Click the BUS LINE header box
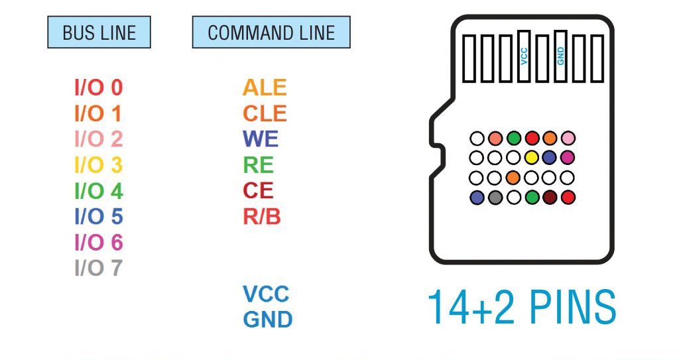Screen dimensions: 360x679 pos(99,32)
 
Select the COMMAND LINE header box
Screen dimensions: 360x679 pos(271,32)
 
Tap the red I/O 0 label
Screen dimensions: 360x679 pos(98,88)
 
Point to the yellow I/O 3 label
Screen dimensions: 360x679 pos(98,164)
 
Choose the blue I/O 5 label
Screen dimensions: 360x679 pos(98,217)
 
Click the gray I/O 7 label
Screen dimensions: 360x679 pos(98,269)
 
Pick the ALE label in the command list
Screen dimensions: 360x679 pos(265,88)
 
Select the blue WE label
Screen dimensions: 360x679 pos(261,139)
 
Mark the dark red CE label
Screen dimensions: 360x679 pos(258,191)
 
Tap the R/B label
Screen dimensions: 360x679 pos(262,217)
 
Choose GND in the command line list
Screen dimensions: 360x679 pos(268,320)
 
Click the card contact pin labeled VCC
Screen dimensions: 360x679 pos(525,57)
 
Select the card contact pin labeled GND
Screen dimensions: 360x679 pos(560,57)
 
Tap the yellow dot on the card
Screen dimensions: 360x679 pos(531,158)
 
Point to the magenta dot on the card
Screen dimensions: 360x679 pos(567,158)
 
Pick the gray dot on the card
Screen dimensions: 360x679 pos(495,197)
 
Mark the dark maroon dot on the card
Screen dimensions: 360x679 pos(549,197)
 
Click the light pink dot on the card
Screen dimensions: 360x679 pos(567,139)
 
